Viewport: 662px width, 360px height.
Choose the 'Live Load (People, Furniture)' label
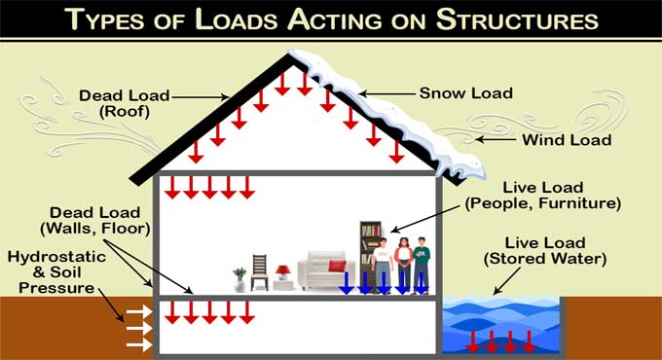[x=543, y=195]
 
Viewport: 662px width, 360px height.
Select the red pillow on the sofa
[x=337, y=266]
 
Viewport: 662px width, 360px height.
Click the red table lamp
[x=282, y=272]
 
